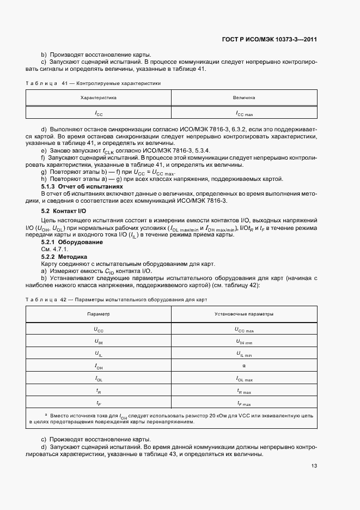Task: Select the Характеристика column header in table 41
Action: click(x=99, y=98)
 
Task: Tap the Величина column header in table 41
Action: click(x=244, y=98)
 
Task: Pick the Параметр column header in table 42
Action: click(x=99, y=314)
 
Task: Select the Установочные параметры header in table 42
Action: click(x=244, y=314)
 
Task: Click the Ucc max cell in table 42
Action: click(x=244, y=330)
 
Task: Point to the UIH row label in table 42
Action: click(x=99, y=342)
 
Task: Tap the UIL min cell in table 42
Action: click(x=244, y=354)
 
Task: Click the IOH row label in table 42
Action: click(x=99, y=366)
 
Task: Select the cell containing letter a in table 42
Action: click(x=244, y=366)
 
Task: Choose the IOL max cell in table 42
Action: click(x=244, y=379)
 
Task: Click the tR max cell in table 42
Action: click(x=244, y=391)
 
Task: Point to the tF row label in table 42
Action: click(x=99, y=403)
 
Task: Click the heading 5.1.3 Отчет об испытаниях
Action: click(x=79, y=186)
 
